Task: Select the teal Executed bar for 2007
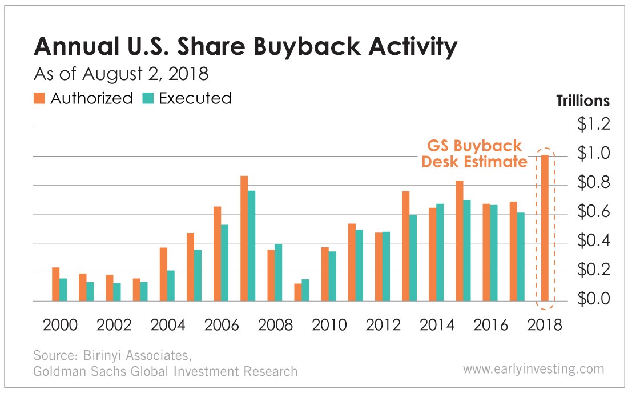(x=251, y=246)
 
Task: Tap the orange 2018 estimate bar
(x=545, y=228)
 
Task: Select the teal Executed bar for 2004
(x=171, y=286)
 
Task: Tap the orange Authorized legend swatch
(x=41, y=98)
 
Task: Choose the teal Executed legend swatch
(x=148, y=98)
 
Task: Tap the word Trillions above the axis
(x=582, y=101)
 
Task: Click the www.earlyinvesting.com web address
(x=533, y=369)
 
